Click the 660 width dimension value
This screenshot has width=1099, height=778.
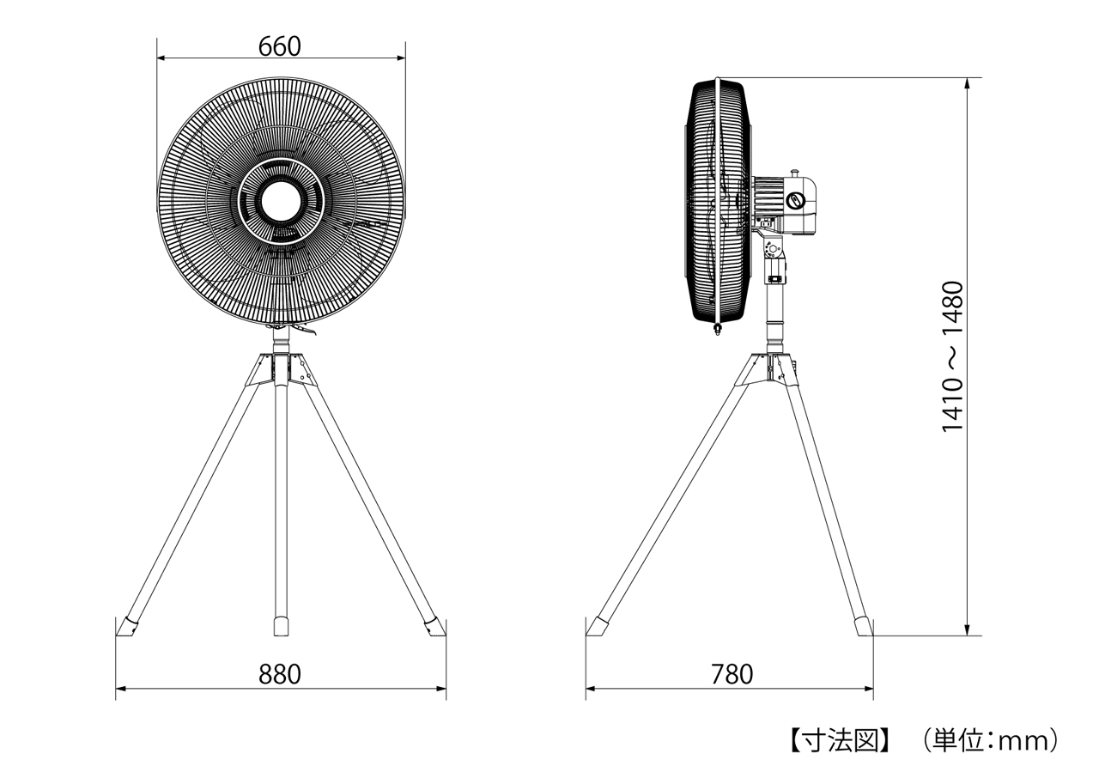tap(280, 46)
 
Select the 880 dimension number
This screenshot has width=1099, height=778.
tap(280, 674)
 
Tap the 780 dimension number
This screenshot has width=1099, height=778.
tap(732, 674)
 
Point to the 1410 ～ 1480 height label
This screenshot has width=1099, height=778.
tap(953, 356)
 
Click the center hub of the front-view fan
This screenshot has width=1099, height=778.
tap(280, 202)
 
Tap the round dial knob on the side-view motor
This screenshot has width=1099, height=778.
tap(795, 200)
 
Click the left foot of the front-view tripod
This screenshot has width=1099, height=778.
tap(126, 628)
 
